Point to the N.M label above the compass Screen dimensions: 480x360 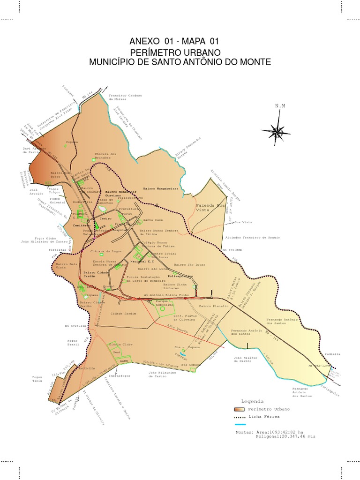pos(280,106)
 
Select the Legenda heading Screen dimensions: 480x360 pos(252,402)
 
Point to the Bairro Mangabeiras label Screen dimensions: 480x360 pos(161,188)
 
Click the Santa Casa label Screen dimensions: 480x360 pos(153,219)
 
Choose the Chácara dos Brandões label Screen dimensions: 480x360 pos(105,156)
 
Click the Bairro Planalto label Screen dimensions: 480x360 pos(213,306)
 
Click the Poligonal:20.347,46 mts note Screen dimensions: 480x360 pos(285,436)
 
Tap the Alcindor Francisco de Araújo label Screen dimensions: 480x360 pos(253,238)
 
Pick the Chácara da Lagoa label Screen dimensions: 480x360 pos(104,251)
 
